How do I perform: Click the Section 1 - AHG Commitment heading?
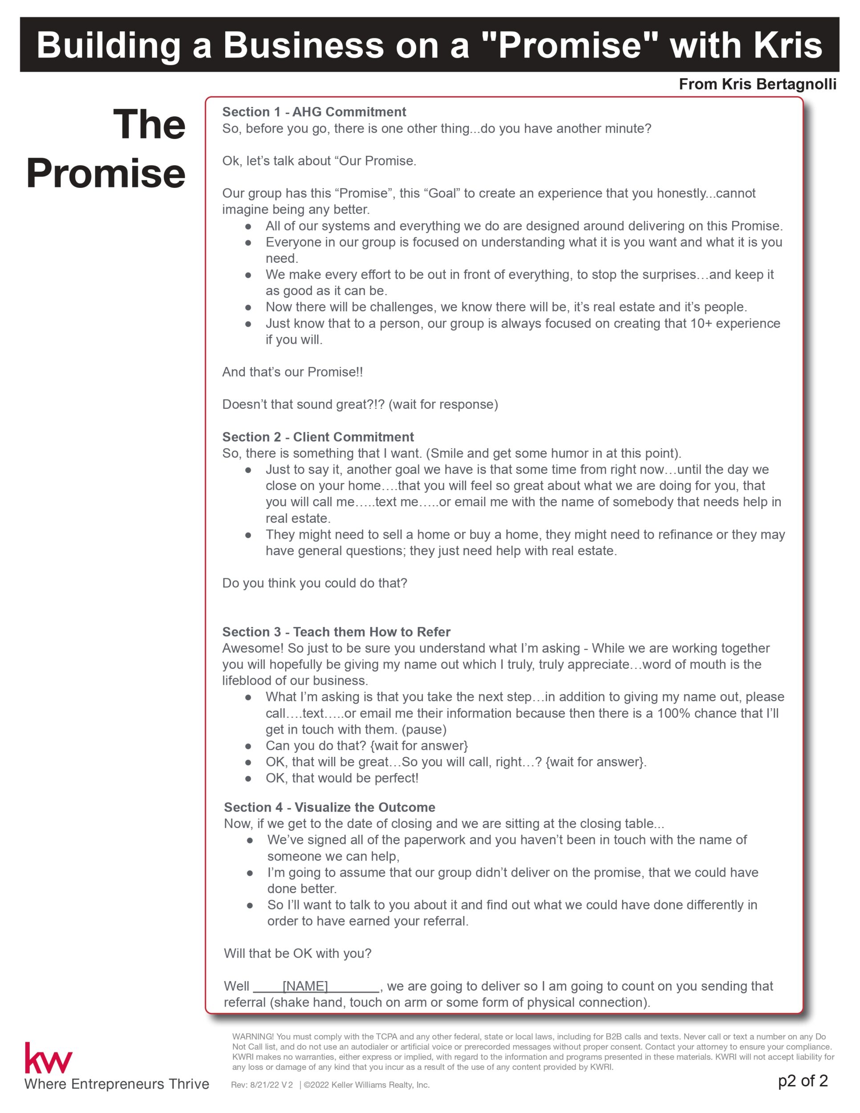[x=314, y=112]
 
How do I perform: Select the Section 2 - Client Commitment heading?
[x=318, y=437]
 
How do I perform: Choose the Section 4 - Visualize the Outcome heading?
[x=330, y=807]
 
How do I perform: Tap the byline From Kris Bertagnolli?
[x=757, y=84]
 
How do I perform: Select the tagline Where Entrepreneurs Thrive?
[x=117, y=1084]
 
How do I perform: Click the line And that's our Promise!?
[x=292, y=372]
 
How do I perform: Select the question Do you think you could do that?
[x=314, y=583]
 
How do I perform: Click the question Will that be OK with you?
[x=297, y=954]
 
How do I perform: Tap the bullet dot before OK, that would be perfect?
[x=248, y=779]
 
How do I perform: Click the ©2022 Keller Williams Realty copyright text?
[x=367, y=1085]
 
